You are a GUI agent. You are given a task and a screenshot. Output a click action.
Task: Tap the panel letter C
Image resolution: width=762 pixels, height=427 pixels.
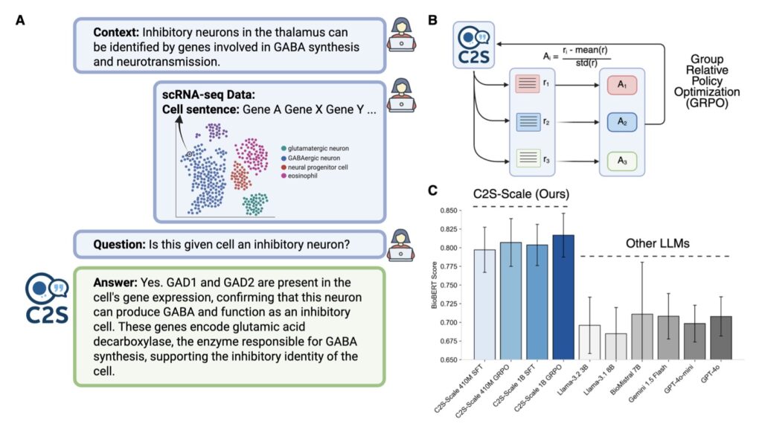[x=432, y=190]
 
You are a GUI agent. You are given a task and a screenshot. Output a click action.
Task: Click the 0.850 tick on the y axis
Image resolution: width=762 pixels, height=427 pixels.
[x=451, y=211]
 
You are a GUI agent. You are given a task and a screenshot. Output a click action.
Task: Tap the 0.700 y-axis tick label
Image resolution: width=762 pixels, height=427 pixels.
[x=451, y=322]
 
